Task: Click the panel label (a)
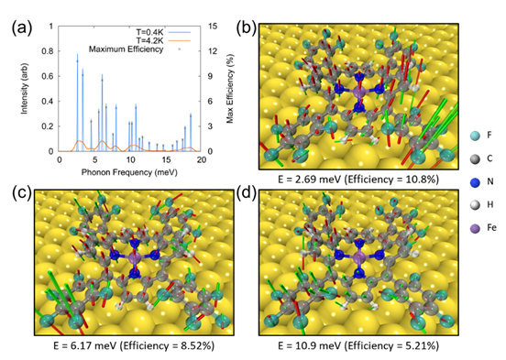tap(22, 28)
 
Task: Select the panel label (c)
tap(22, 193)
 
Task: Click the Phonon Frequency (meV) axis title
tap(129, 172)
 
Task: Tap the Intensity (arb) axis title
tap(24, 89)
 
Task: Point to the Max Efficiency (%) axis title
tap(230, 89)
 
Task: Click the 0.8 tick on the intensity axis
tap(48, 51)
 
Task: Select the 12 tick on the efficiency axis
tap(213, 51)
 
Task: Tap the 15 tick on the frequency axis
tap(166, 160)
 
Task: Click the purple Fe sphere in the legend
tap(475, 228)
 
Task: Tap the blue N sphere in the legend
tap(475, 182)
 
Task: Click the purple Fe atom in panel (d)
tap(358, 257)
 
